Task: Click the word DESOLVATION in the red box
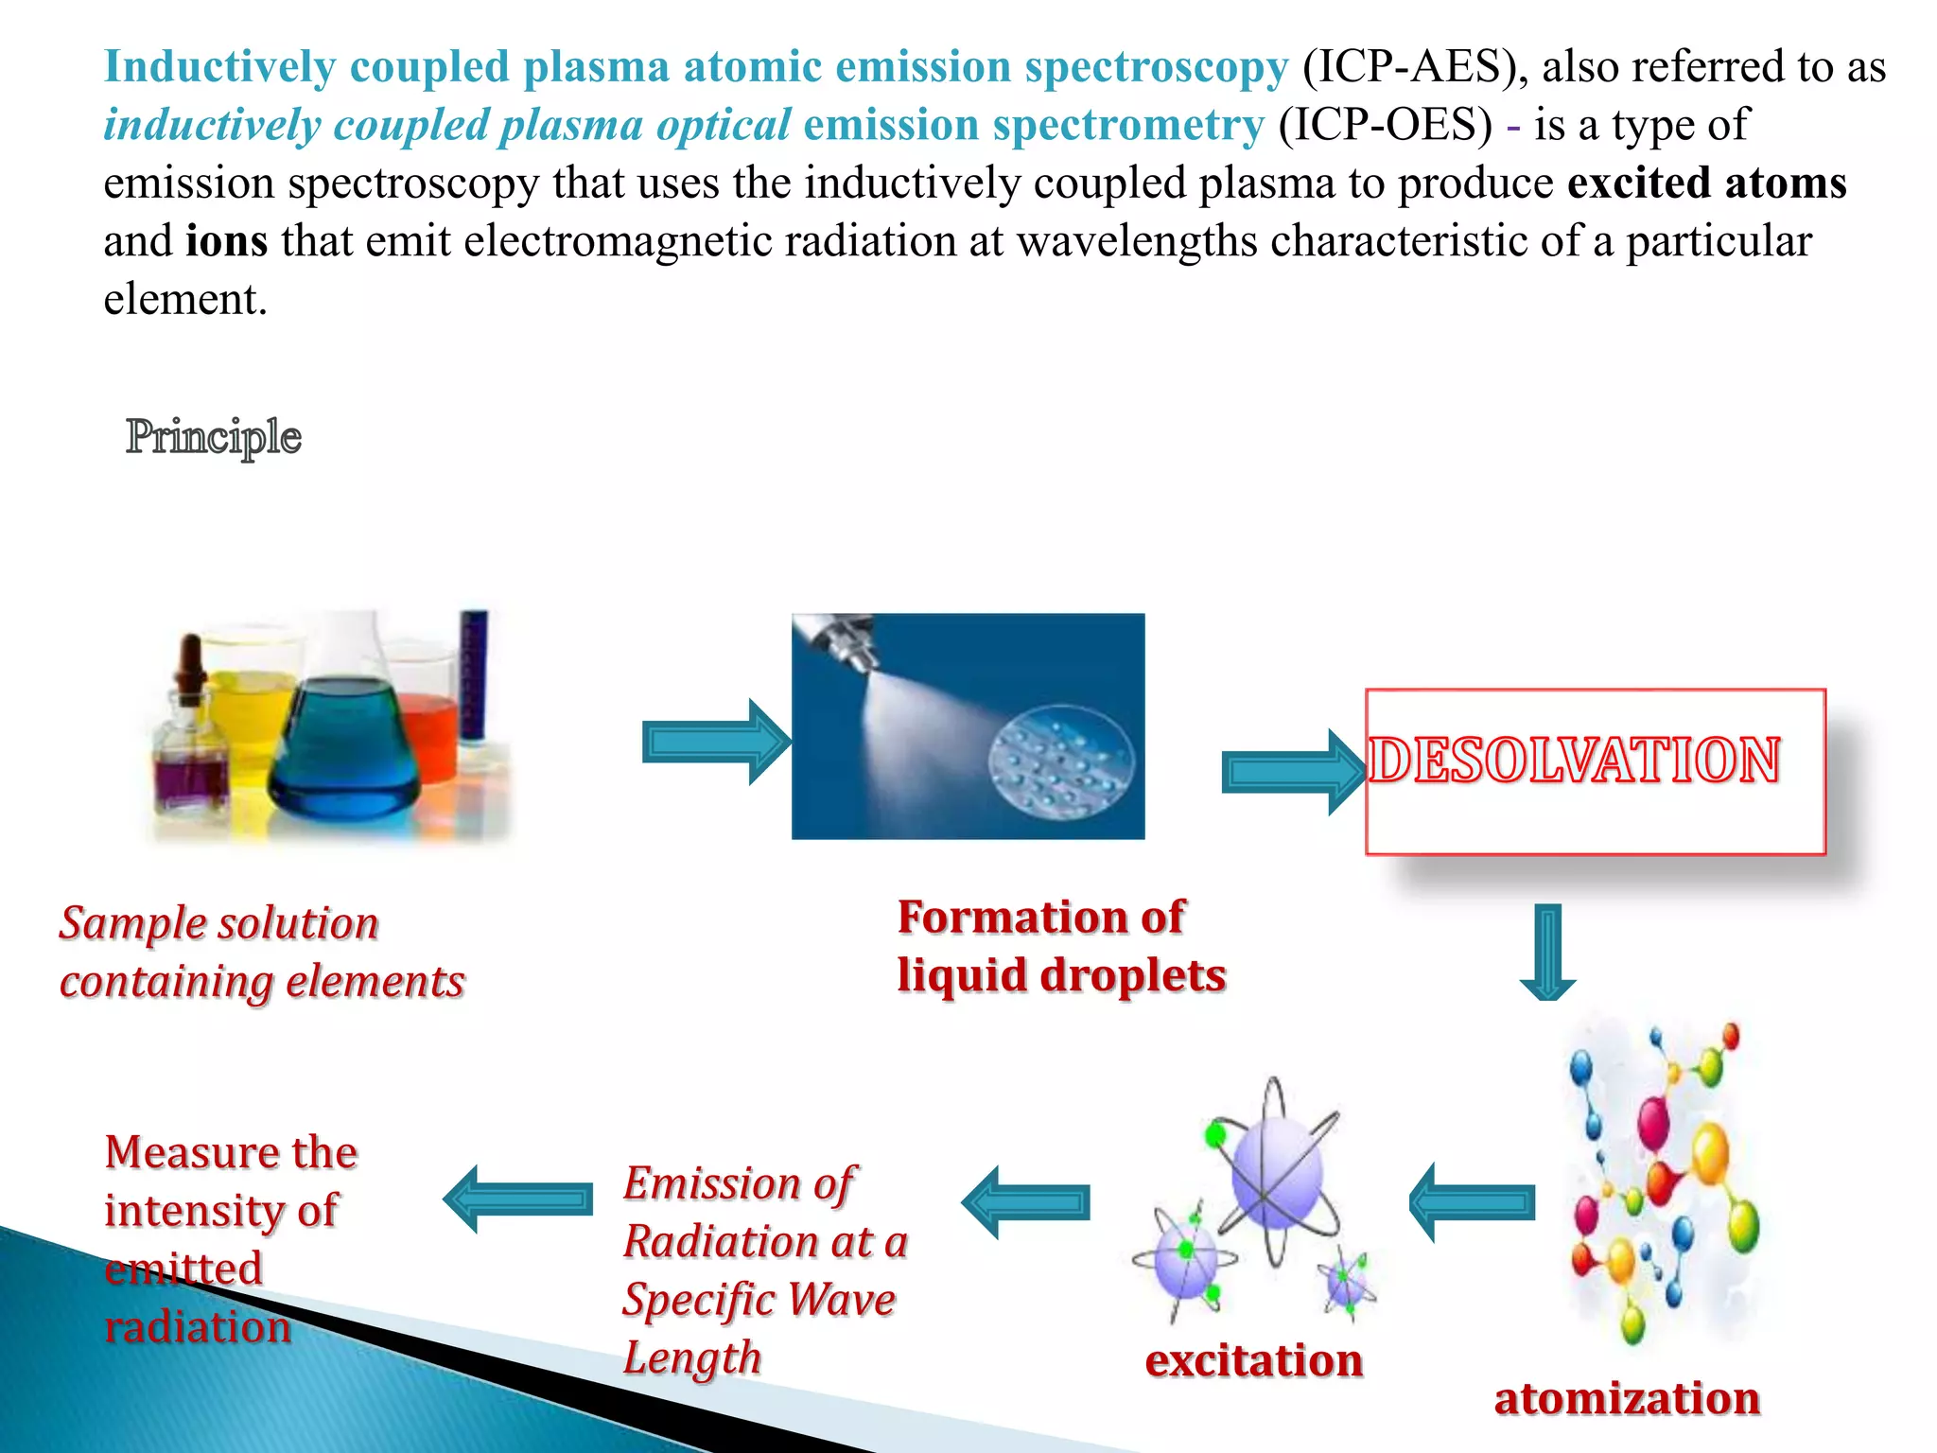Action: point(1575,761)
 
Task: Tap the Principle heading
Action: point(214,437)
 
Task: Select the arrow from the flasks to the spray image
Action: point(715,743)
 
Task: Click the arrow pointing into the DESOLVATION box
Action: point(1292,772)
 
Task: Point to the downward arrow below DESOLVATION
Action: point(1547,952)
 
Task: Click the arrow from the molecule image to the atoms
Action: point(1472,1202)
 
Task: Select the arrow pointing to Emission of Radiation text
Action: point(1025,1202)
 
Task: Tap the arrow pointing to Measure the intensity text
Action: point(518,1199)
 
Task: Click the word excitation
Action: point(1253,1361)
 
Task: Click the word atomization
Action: point(1626,1399)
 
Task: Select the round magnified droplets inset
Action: point(1060,762)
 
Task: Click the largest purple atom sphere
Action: point(1277,1173)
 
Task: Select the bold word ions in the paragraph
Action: point(226,241)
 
